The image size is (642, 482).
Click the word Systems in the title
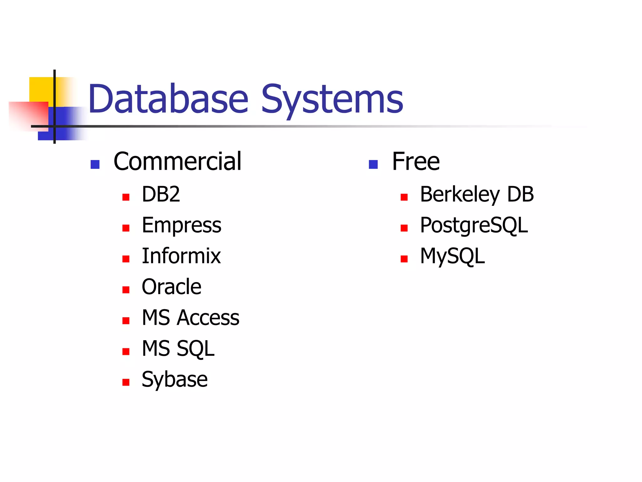[332, 100]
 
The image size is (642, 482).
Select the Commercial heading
[177, 161]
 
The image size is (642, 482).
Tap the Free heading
[416, 161]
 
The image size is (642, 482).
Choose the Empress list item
[182, 225]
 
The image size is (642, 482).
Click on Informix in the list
[181, 256]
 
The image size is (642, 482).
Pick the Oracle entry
[171, 287]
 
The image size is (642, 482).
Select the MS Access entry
[190, 318]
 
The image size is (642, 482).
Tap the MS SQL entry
[178, 348]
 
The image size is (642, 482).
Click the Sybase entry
[175, 379]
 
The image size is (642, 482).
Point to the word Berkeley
[460, 194]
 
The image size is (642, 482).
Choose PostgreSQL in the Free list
[474, 225]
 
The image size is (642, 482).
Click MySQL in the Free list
[452, 256]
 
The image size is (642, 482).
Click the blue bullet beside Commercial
[95, 164]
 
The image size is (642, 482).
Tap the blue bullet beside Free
[373, 164]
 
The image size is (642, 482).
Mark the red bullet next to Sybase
[126, 382]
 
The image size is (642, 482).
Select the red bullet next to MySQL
[404, 259]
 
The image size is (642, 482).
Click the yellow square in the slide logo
[41, 89]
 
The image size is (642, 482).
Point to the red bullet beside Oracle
[126, 290]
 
